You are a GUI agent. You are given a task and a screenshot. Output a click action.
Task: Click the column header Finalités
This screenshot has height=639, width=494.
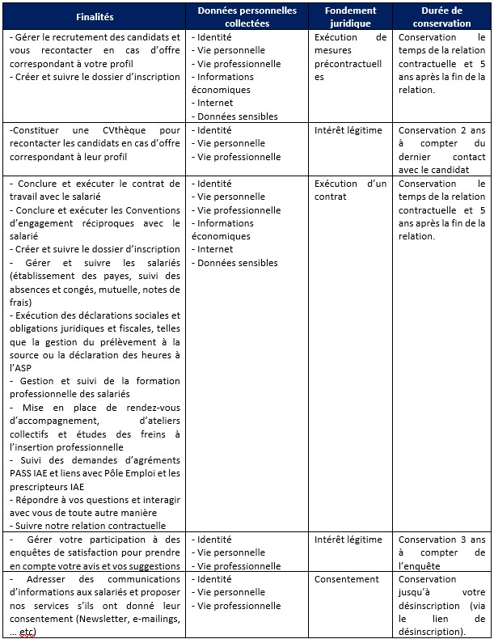tap(95, 17)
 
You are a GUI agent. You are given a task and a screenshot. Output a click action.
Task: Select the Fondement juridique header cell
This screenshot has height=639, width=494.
tap(350, 17)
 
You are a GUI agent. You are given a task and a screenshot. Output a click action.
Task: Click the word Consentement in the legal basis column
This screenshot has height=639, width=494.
tap(346, 579)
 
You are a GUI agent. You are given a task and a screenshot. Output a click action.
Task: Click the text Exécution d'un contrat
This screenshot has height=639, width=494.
tap(350, 190)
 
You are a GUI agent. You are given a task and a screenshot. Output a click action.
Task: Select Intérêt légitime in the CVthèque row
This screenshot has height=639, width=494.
tap(348, 130)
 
